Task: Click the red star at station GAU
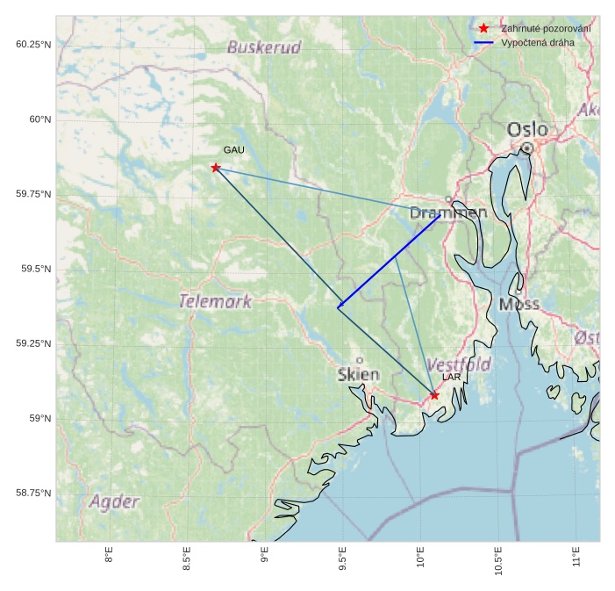tap(215, 168)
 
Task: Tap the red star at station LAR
tap(434, 395)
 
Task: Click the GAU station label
tap(233, 150)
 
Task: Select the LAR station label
tap(451, 378)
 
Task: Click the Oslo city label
tap(527, 130)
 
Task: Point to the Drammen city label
tap(448, 213)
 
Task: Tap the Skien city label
tap(359, 375)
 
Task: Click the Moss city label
tap(518, 305)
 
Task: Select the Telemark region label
tap(215, 302)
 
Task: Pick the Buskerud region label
tap(264, 47)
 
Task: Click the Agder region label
tap(114, 502)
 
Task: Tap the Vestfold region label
tap(459, 364)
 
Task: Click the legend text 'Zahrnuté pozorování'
tap(545, 29)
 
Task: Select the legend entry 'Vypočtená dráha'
tap(538, 42)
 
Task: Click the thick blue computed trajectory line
tap(389, 262)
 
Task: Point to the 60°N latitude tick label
tap(35, 119)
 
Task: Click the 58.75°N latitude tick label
tap(33, 494)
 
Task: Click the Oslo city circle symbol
tap(526, 148)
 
